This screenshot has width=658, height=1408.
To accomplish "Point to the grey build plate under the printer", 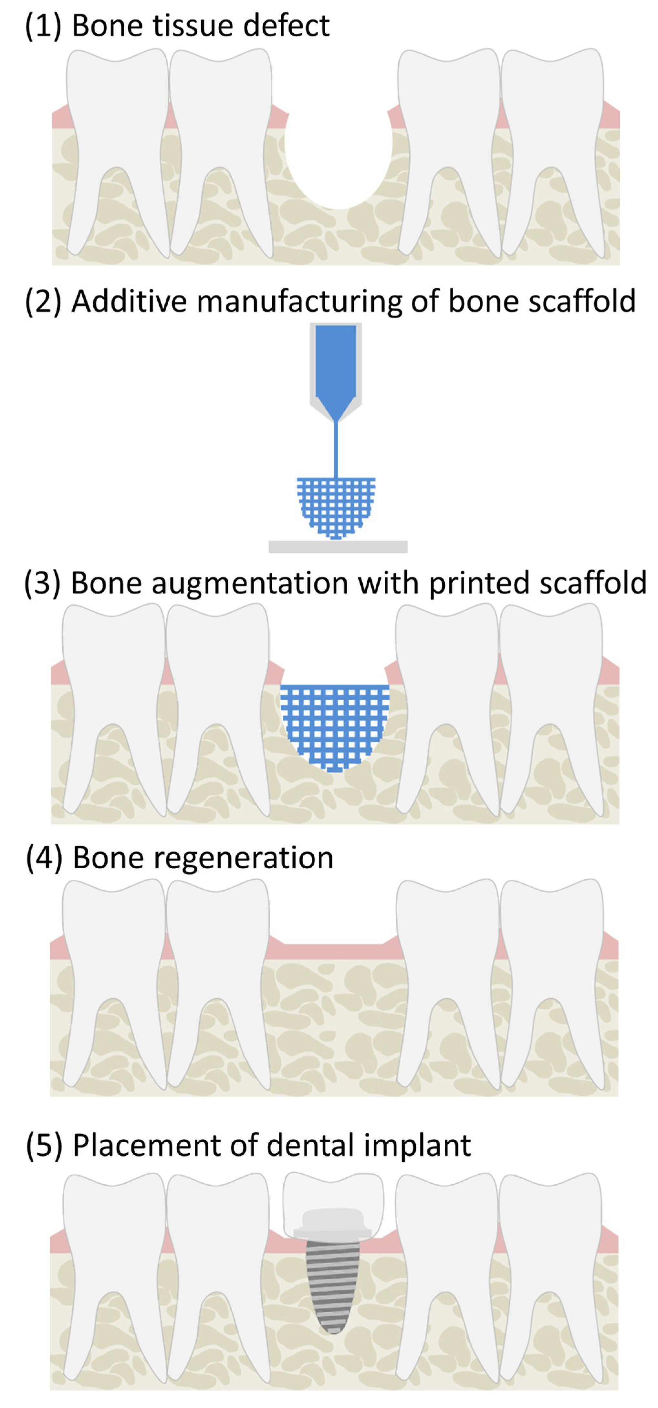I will [x=338, y=546].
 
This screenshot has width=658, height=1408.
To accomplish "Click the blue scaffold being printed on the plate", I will [x=336, y=506].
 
